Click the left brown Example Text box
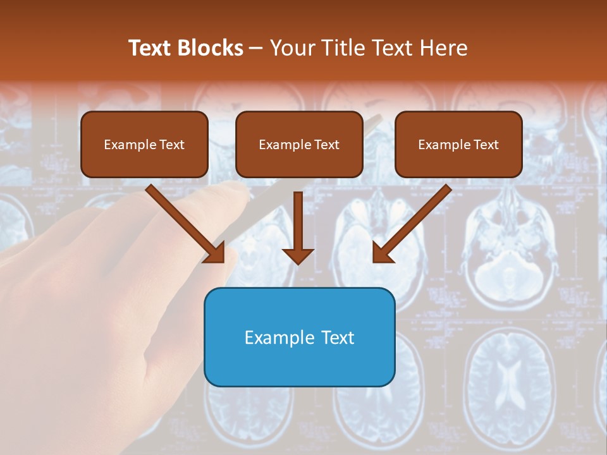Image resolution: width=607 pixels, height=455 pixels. tap(144, 144)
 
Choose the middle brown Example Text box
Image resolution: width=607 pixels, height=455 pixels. tap(299, 144)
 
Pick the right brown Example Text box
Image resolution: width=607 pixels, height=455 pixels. tap(458, 144)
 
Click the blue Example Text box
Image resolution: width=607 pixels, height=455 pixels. tap(299, 337)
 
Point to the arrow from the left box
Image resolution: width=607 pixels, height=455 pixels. tap(183, 222)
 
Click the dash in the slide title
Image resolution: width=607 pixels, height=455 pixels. tap(256, 49)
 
